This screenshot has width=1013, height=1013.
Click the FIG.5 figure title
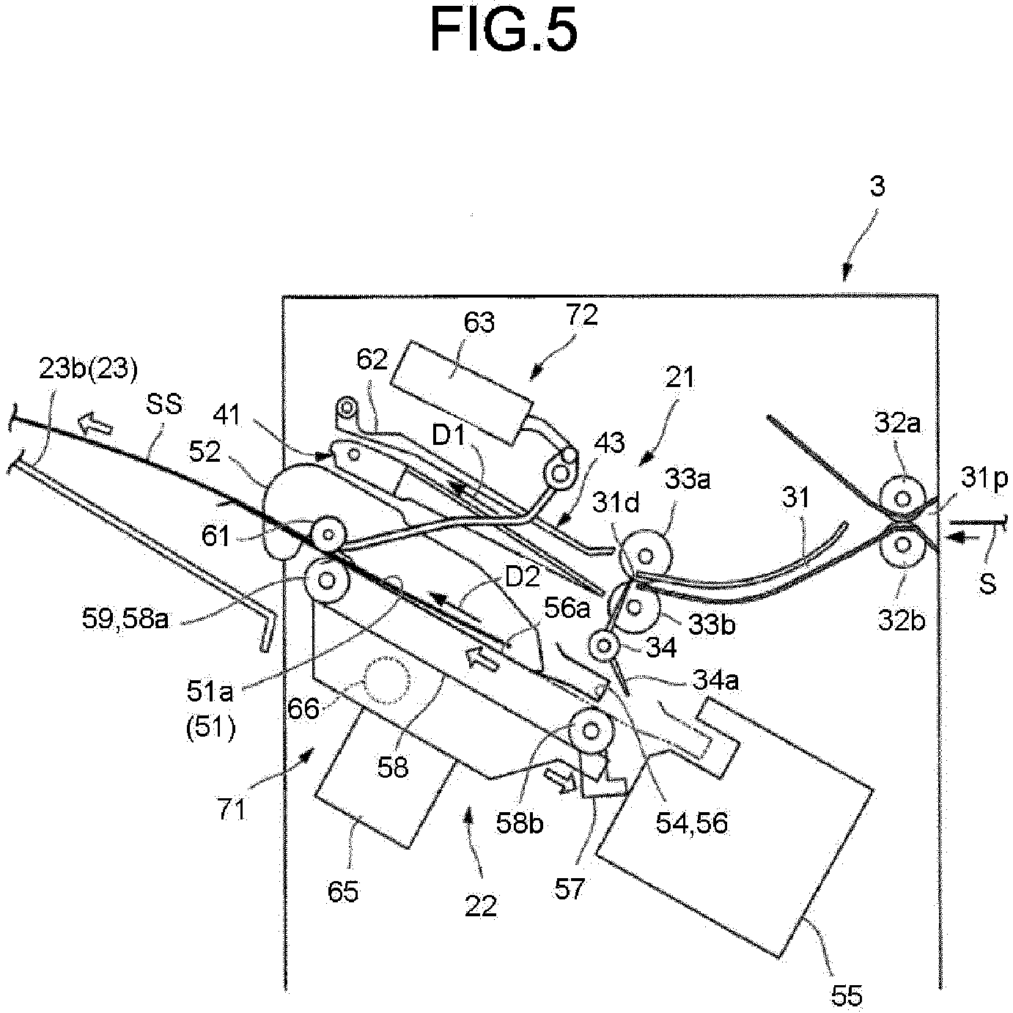(504, 30)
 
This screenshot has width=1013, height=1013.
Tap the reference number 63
(479, 322)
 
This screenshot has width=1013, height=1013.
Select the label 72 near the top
(582, 315)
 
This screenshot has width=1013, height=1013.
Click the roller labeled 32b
(902, 545)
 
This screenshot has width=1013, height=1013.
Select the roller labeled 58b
(592, 731)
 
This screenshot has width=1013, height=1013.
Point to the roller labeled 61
(329, 535)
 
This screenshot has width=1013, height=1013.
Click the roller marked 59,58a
(326, 581)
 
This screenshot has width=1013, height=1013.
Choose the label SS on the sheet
(164, 405)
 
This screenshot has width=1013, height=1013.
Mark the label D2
(522, 579)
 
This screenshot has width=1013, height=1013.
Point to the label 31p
(984, 479)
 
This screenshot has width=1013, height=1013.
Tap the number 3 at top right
(877, 187)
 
